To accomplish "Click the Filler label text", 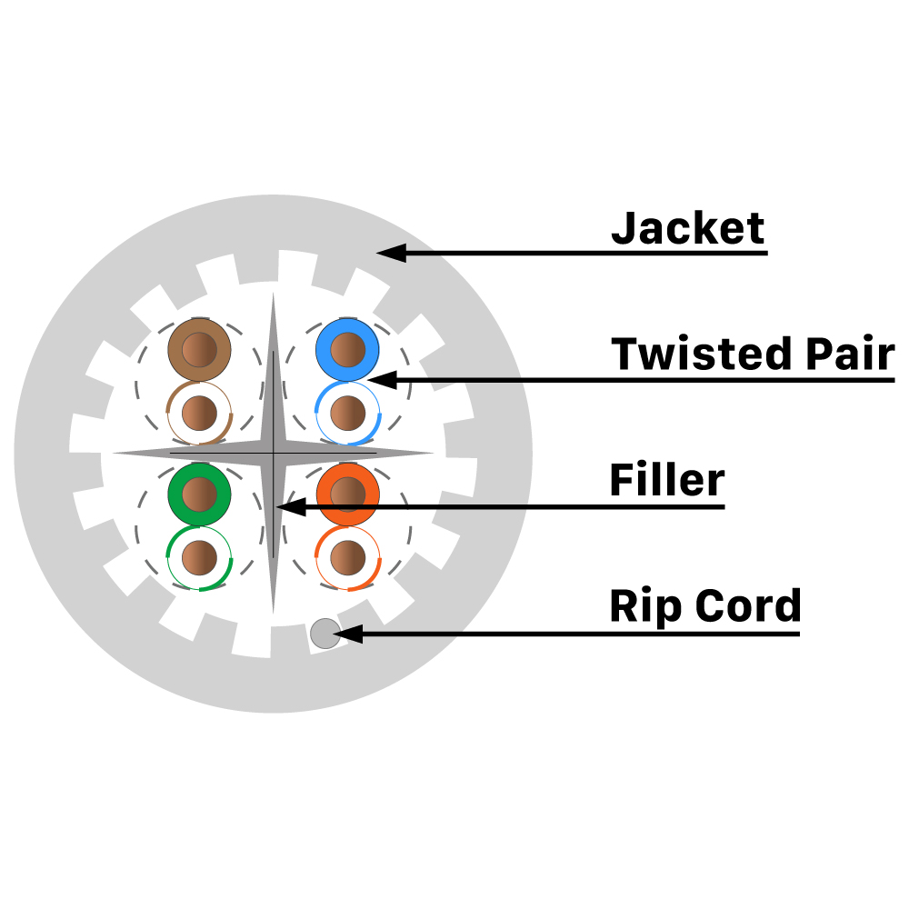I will (666, 480).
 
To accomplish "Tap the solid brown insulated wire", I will (200, 350).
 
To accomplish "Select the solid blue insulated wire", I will (346, 350).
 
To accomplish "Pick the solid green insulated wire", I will (198, 494).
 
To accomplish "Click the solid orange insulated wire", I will (346, 494).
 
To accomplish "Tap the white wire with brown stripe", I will (200, 414).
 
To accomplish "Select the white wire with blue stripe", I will (346, 414).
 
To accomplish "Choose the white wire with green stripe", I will (200, 557).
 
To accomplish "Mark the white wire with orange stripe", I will (346, 557).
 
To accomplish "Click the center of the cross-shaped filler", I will (273, 452).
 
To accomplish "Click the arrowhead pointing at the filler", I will (289, 506).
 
